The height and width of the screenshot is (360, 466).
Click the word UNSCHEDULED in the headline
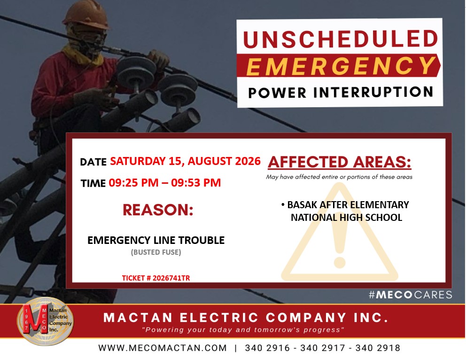pos(341,39)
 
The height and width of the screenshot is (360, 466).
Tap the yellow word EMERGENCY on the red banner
pos(341,66)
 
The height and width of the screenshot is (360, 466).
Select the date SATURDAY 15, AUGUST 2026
pos(185,161)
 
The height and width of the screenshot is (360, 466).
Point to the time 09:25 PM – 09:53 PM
pos(164,182)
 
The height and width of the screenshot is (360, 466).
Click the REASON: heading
pos(158,210)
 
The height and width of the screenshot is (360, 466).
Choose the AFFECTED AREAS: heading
pos(339,162)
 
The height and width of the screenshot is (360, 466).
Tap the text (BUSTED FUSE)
pos(156,252)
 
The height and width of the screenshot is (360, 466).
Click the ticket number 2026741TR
pos(171,278)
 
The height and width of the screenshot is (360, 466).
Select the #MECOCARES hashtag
pos(411,295)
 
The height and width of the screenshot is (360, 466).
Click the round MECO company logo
pos(45,321)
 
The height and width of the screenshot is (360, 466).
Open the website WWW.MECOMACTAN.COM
pos(163,348)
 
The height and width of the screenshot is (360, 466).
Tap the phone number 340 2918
pos(378,348)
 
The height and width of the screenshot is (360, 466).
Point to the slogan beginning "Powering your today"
pos(243,329)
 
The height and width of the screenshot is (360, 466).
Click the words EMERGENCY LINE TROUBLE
pos(156,240)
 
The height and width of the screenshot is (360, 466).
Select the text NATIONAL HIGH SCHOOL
pos(347,217)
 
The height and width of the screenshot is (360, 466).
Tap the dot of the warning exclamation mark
pos(339,262)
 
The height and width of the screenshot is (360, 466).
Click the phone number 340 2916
pos(267,348)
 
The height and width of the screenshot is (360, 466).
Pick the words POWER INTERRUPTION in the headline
pos(341,92)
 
